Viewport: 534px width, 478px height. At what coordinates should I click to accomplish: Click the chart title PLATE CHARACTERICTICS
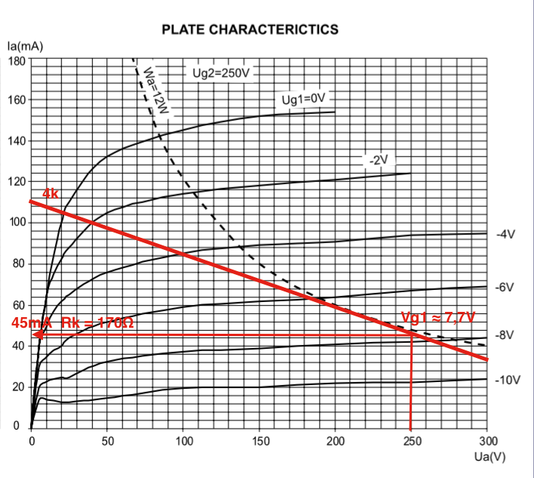[250, 29]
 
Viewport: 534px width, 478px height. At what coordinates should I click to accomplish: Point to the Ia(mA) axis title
[25, 47]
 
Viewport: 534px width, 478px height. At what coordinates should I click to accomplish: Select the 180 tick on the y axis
[17, 60]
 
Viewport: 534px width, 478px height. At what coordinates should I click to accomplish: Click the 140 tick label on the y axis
[17, 141]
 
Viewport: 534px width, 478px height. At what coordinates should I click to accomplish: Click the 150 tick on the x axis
[260, 441]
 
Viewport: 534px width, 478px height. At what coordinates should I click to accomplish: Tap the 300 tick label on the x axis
[488, 441]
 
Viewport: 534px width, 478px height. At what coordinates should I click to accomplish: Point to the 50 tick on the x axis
[108, 441]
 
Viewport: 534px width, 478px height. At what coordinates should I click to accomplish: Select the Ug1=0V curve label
[302, 100]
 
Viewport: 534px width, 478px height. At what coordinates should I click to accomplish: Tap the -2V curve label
[377, 160]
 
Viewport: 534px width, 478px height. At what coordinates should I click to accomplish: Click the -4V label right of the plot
[505, 234]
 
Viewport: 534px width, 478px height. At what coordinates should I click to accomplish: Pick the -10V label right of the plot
[508, 379]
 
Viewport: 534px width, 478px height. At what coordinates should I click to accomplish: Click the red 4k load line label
[51, 194]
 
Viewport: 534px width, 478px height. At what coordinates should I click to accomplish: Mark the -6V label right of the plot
[505, 288]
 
